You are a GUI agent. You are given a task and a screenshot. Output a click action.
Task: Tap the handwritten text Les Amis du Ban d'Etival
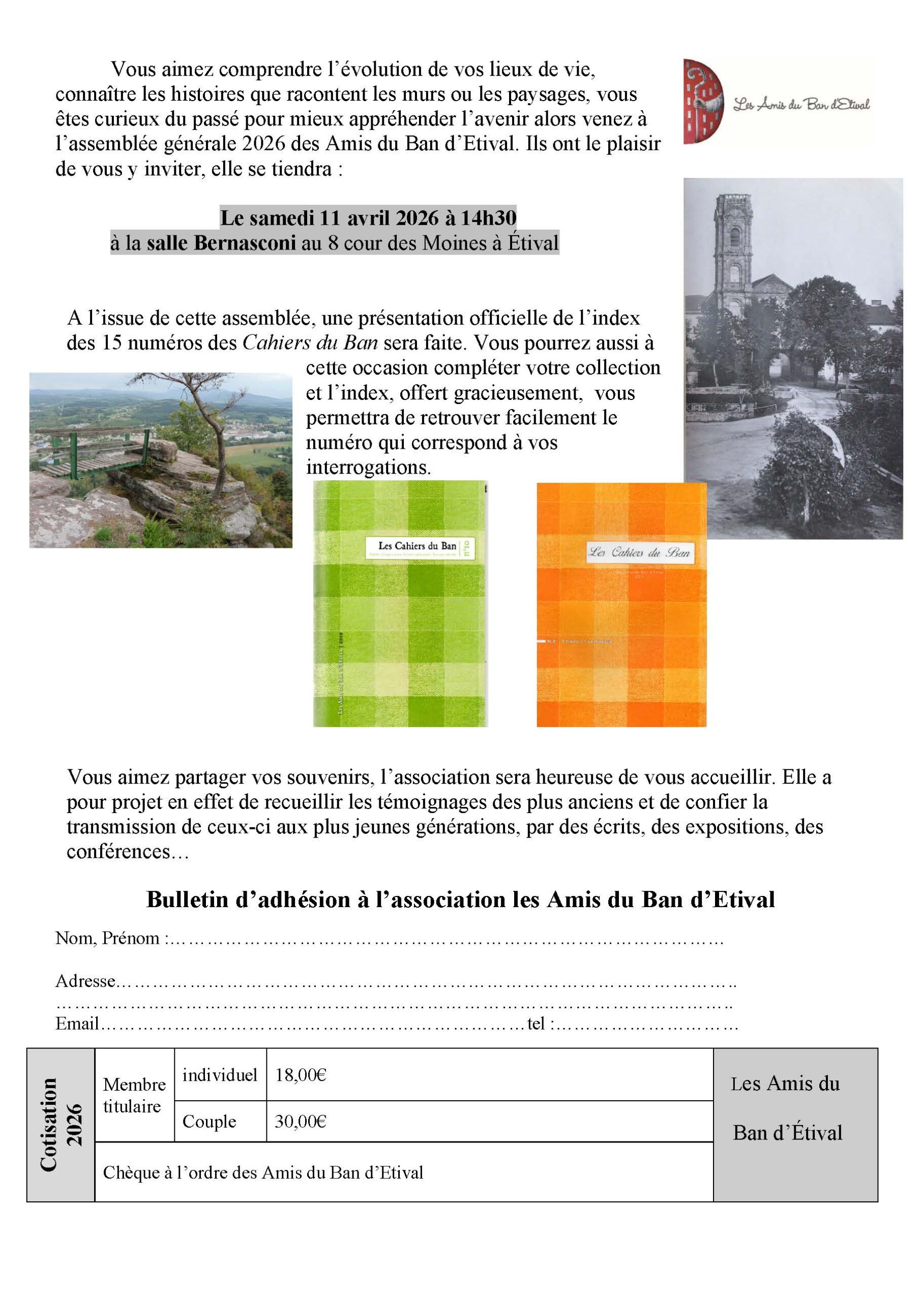tap(801, 104)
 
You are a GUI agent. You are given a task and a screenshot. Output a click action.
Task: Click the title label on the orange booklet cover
tap(640, 553)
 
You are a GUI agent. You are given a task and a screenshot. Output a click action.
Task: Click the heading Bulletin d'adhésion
tap(460, 900)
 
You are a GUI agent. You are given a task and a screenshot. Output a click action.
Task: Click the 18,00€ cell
tap(301, 1075)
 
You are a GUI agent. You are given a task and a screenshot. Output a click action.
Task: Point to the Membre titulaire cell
tap(134, 1095)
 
